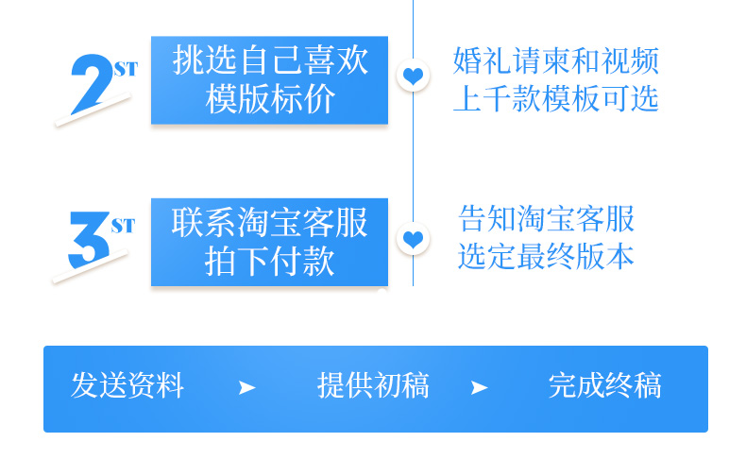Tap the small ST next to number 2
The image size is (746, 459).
pyautogui.click(x=125, y=69)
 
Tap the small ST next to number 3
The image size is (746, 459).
pyautogui.click(x=123, y=226)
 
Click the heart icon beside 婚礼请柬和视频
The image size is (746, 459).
pyautogui.click(x=413, y=76)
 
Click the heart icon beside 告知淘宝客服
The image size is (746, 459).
pyautogui.click(x=413, y=240)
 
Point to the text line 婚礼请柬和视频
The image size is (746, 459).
pyautogui.click(x=555, y=61)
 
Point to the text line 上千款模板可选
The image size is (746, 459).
pyautogui.click(x=555, y=98)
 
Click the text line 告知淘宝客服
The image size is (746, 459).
pyautogui.click(x=547, y=219)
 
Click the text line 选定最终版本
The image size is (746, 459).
pyautogui.click(x=547, y=256)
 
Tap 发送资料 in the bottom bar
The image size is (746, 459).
pyautogui.click(x=127, y=385)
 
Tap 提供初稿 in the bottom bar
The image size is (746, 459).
pyautogui.click(x=373, y=385)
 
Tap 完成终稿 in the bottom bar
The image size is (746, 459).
pyautogui.click(x=604, y=385)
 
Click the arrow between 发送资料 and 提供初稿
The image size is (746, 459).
pyautogui.click(x=247, y=387)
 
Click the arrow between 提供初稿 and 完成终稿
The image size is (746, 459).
pyautogui.click(x=480, y=387)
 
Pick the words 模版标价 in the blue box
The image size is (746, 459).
pyautogui.click(x=270, y=99)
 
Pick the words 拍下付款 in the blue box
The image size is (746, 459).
pyautogui.click(x=270, y=261)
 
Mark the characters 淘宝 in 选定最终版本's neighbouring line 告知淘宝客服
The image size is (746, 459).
pyautogui.click(x=547, y=219)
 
